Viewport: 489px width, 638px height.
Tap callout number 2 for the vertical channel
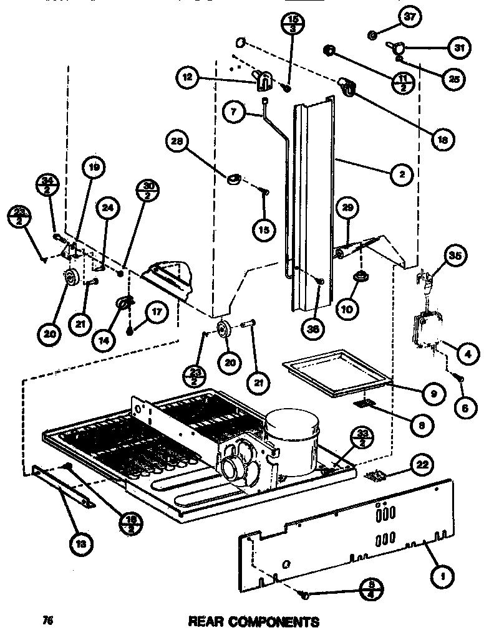point(402,175)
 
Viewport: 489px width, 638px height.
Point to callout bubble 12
point(186,77)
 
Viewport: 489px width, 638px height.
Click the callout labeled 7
point(234,112)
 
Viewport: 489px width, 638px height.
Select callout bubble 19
point(94,168)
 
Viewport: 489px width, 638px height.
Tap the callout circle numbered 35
point(455,254)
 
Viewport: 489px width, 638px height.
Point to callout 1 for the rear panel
point(442,576)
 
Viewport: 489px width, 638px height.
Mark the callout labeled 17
point(156,313)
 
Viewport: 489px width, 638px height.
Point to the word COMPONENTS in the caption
point(278,621)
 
